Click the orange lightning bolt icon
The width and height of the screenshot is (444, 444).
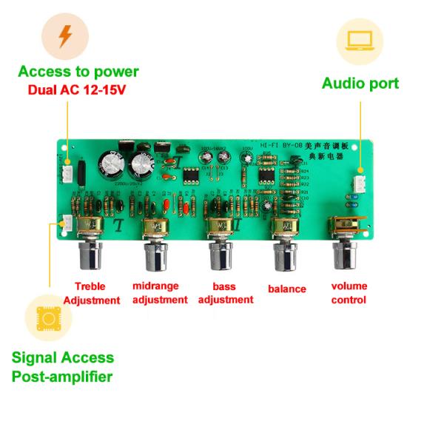click(x=66, y=36)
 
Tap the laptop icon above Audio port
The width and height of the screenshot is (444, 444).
click(x=360, y=41)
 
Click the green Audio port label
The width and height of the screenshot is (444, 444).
click(x=360, y=83)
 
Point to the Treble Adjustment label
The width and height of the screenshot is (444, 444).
click(x=92, y=293)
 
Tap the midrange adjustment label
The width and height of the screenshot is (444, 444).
click(x=160, y=292)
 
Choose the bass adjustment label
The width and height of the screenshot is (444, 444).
click(x=226, y=292)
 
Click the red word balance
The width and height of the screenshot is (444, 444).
click(x=287, y=289)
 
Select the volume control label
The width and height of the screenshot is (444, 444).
click(x=349, y=293)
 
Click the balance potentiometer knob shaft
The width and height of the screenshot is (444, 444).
click(x=284, y=256)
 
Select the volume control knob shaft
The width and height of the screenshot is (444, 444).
click(x=346, y=255)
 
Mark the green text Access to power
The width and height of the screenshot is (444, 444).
click(x=78, y=72)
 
